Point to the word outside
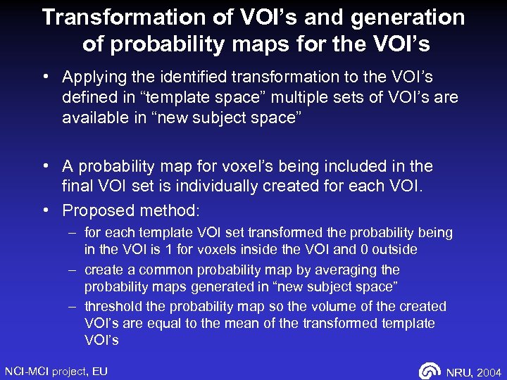coord(395,250)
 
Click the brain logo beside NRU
coord(430,371)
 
